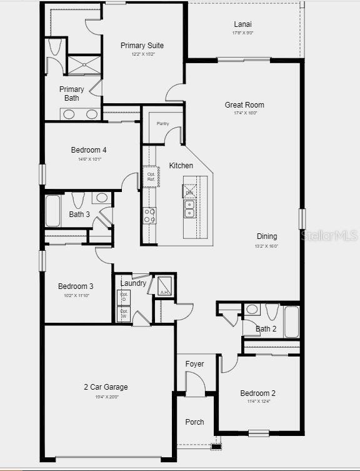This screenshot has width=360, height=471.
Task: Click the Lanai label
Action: tap(242, 24)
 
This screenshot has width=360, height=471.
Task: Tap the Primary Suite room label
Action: tap(142, 46)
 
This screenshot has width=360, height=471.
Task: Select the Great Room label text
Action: tap(244, 105)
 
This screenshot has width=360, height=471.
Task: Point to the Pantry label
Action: tap(162, 124)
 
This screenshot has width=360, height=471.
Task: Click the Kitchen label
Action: tap(181, 166)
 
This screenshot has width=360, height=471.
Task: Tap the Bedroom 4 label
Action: tap(89, 150)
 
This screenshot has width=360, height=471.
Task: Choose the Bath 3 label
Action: tap(79, 215)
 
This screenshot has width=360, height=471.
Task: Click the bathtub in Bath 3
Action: tap(52, 211)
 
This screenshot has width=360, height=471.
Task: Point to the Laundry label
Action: tap(133, 283)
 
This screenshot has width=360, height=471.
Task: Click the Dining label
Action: tap(267, 236)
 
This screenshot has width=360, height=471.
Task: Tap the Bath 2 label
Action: tap(266, 329)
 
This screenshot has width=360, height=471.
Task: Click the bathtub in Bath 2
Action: tap(292, 321)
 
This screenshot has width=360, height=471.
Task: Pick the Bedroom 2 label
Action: tap(258, 393)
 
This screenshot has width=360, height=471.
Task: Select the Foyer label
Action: tap(194, 364)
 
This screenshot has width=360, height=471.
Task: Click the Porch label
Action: tap(194, 422)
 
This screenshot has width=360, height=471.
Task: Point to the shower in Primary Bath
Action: tap(84, 64)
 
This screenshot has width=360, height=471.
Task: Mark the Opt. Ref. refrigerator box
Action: tap(151, 176)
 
